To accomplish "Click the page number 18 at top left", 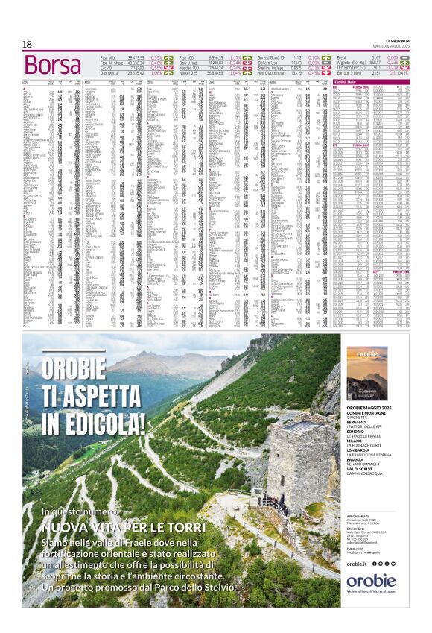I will coord(27,45).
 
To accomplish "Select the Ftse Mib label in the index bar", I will coord(111,57).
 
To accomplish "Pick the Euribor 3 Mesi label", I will coord(350,73).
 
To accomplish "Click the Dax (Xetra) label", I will coord(112,73).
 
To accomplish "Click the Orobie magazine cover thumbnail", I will coord(366,374).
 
